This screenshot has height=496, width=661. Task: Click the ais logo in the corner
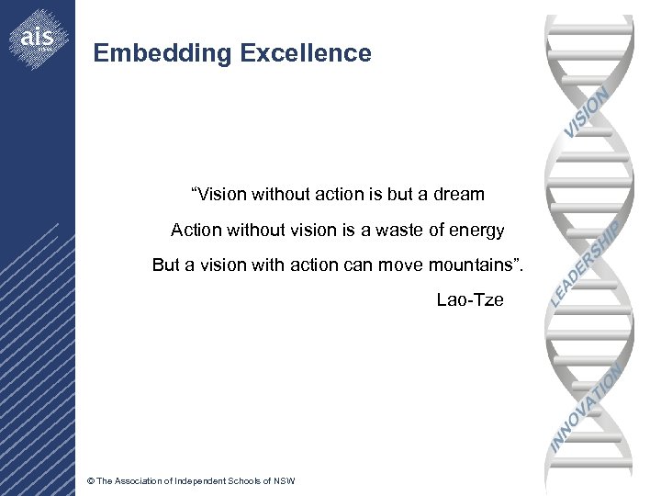(38, 38)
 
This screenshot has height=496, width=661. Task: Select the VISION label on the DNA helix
(587, 112)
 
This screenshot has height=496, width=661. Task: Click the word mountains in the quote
(471, 265)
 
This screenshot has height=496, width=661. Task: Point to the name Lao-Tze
(470, 299)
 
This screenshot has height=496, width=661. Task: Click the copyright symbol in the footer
(89, 481)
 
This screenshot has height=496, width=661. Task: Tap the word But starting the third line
(166, 265)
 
